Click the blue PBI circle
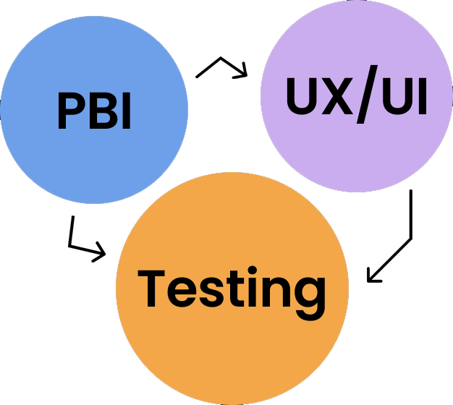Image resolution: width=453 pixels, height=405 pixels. point(94,110)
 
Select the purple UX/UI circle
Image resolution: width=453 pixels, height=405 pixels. point(357,96)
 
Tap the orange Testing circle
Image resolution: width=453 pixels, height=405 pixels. point(232,289)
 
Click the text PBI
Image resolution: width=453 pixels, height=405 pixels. point(95,111)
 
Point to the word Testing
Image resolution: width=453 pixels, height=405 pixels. point(232,293)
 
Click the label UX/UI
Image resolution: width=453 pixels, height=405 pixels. point(357,95)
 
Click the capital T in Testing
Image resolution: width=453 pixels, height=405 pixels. point(151,289)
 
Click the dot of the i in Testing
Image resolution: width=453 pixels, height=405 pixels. point(252,270)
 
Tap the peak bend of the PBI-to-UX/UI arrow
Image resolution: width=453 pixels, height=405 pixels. point(221,58)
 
